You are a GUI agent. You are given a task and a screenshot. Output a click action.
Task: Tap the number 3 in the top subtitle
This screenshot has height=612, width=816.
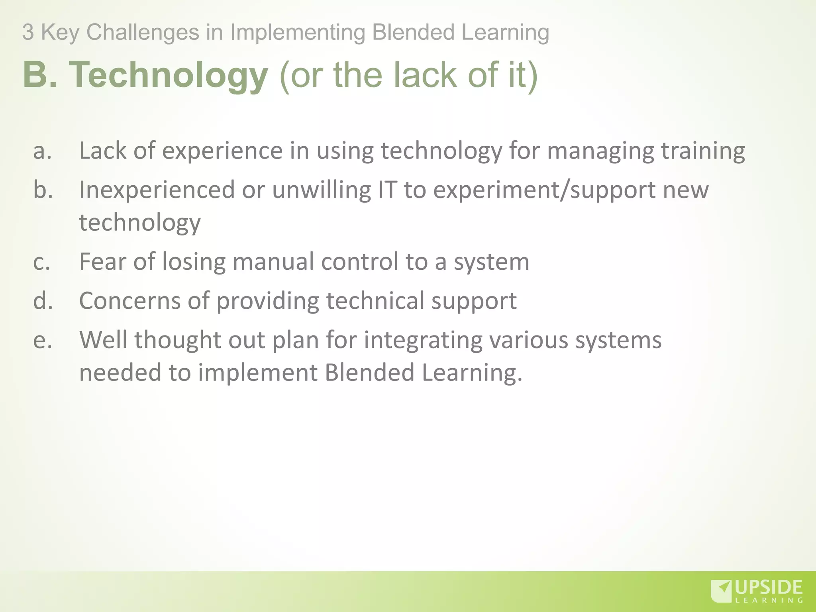tap(27, 32)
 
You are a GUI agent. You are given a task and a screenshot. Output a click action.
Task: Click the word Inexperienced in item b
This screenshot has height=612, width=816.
tap(157, 190)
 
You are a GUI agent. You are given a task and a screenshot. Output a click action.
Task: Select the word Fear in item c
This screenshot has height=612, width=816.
tap(102, 262)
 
